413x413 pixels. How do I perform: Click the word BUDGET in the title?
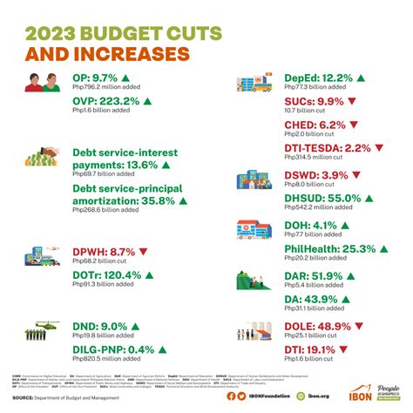click(x=116, y=32)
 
